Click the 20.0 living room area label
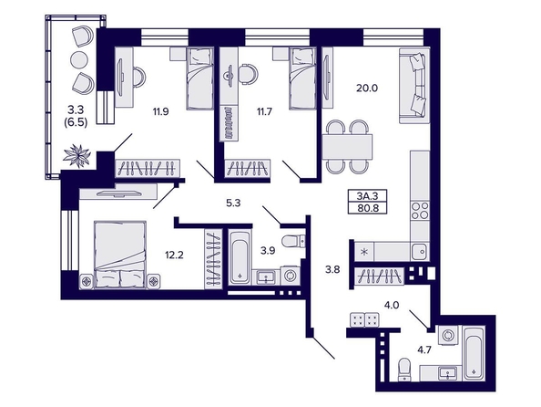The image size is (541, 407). tap(367, 89)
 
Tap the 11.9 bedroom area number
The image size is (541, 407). tap(161, 111)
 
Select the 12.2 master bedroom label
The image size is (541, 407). tap(174, 256)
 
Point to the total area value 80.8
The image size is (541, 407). tap(367, 208)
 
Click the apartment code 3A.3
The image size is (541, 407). tap(367, 196)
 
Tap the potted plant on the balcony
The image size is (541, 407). tap(77, 156)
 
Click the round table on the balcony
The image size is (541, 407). tap(79, 60)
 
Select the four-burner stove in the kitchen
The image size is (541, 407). tap(420, 210)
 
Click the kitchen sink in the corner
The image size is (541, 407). tap(420, 251)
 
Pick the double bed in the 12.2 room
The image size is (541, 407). tap(119, 255)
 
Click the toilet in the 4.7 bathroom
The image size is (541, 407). tap(404, 370)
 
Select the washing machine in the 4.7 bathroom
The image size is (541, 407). tap(448, 335)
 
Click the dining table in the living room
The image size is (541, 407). tap(348, 147)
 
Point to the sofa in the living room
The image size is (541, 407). tap(414, 86)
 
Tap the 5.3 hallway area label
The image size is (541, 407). tap(233, 203)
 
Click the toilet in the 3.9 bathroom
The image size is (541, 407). tap(293, 241)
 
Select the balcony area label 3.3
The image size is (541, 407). tap(76, 110)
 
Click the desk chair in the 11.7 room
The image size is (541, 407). tap(248, 73)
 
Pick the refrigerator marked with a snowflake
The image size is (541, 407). tap(364, 251)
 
